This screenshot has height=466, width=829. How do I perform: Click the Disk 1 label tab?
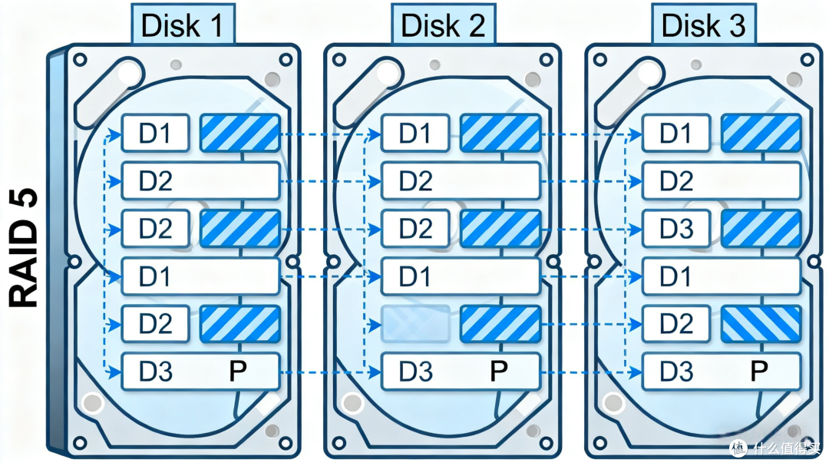click(183, 24)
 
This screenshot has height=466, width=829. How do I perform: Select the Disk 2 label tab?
click(443, 24)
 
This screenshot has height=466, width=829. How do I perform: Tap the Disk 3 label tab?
click(703, 24)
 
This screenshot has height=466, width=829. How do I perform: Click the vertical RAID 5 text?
click(24, 247)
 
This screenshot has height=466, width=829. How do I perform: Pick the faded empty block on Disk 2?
click(415, 324)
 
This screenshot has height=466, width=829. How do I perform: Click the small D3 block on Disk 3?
click(675, 229)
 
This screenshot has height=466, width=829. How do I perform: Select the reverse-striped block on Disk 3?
click(761, 324)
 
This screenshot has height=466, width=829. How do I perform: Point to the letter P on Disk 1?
click(238, 372)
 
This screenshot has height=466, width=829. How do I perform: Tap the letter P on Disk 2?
click(499, 372)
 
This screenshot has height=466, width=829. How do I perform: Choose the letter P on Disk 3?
click(759, 372)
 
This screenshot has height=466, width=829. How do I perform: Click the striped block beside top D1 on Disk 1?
click(240, 133)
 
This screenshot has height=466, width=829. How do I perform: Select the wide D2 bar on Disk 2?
click(461, 181)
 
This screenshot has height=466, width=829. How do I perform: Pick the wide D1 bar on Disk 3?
click(722, 276)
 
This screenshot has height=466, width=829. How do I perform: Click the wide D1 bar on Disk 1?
click(201, 276)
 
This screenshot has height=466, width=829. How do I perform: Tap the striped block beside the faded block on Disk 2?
click(500, 324)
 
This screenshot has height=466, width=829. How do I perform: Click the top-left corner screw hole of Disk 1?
click(81, 59)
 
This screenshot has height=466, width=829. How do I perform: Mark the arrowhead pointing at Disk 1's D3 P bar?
click(114, 372)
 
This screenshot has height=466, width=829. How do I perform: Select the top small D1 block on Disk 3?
click(675, 133)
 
